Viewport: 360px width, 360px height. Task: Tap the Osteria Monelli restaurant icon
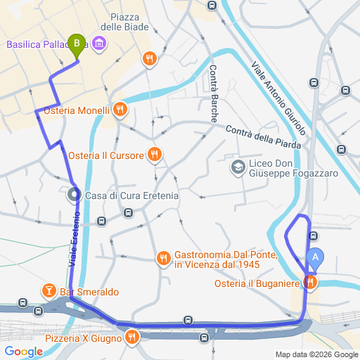pyautogui.click(x=120, y=110)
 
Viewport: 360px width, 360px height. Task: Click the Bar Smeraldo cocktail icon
pyautogui.click(x=49, y=290)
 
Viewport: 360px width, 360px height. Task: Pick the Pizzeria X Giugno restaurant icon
pyautogui.click(x=131, y=337)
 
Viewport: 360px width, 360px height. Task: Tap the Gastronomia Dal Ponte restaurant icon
pyautogui.click(x=163, y=259)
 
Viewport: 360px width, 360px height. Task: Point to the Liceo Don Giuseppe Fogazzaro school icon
pyautogui.click(x=237, y=167)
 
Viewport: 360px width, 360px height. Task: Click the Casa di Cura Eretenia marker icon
pyautogui.click(x=74, y=195)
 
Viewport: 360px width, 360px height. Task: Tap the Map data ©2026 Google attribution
pyautogui.click(x=316, y=354)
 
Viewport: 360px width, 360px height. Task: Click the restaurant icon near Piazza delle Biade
pyautogui.click(x=148, y=58)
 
